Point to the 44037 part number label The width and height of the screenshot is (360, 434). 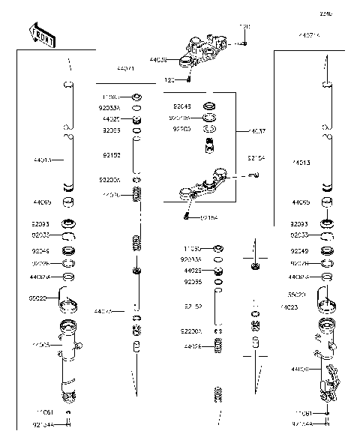point(257,131)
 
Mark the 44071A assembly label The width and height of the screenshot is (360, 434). point(308,35)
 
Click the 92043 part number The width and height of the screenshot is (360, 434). point(181,106)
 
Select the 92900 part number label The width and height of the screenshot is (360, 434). point(181,129)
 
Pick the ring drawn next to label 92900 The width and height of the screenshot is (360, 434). point(210,130)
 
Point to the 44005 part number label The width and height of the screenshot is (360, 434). point(41,346)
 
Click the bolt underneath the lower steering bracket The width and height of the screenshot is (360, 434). point(187,217)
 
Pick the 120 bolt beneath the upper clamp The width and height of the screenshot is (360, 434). point(190,79)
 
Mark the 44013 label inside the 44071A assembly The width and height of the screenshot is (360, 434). point(301,162)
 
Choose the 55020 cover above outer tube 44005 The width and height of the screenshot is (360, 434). point(69,304)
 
